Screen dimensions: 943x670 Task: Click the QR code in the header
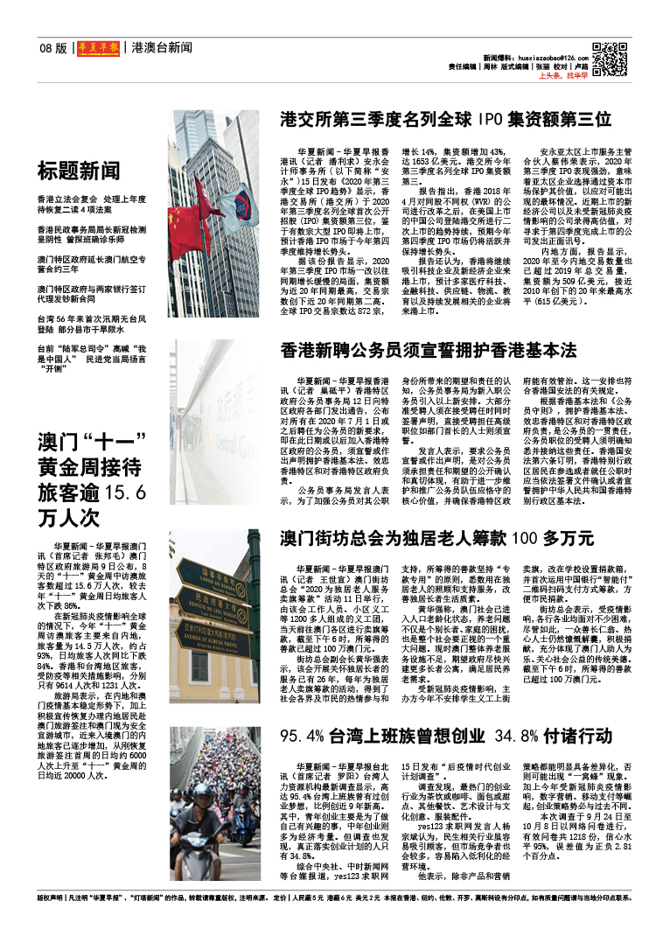pos(610,57)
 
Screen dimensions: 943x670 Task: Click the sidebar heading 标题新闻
pos(79,170)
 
